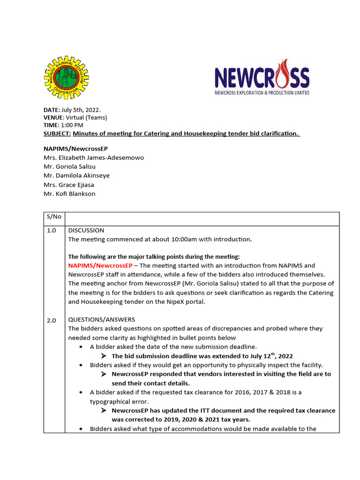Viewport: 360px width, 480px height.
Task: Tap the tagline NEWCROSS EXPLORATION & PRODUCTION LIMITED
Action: tap(262, 93)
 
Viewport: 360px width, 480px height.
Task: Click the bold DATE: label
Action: tap(52, 109)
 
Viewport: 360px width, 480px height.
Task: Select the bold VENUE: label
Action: tap(53, 117)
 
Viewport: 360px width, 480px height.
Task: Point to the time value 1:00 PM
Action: tap(72, 125)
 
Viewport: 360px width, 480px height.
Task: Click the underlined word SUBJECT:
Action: tap(57, 134)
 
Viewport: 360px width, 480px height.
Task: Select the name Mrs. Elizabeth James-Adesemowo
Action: tap(94, 157)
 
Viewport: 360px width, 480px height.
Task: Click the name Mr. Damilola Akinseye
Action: tap(76, 175)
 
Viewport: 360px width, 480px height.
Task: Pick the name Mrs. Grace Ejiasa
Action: tap(69, 185)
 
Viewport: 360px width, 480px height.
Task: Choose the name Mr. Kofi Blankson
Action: tap(69, 194)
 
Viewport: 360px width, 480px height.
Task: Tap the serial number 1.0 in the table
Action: tap(51, 231)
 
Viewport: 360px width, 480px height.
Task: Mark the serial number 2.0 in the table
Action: tap(51, 321)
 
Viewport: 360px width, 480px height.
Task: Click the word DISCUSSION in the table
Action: tap(86, 231)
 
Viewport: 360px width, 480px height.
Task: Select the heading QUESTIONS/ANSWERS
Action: tap(101, 320)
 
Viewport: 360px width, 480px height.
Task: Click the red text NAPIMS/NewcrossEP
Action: tap(100, 265)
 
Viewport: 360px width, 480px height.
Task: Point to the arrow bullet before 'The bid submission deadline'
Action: tap(105, 356)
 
